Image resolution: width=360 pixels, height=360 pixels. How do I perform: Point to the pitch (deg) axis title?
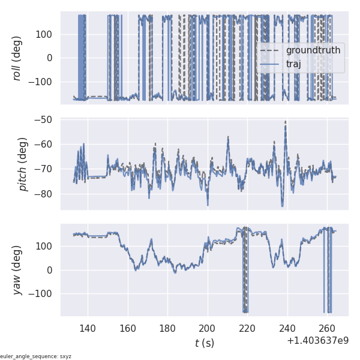tap(24, 164)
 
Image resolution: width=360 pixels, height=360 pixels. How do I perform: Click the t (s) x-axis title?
tap(204, 343)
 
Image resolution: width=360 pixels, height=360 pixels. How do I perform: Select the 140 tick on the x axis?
tap(88, 328)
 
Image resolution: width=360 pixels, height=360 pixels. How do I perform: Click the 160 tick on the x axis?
tap(128, 328)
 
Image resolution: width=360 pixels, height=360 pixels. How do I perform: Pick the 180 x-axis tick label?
tap(167, 328)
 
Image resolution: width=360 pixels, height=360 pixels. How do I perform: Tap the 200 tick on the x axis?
tap(208, 328)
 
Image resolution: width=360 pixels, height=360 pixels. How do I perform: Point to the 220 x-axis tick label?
tap(247, 328)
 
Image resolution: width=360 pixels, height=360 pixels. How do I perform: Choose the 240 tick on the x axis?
tap(287, 328)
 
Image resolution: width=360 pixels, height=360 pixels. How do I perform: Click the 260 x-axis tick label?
tap(327, 328)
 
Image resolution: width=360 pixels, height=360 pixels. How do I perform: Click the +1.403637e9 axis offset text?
tap(317, 340)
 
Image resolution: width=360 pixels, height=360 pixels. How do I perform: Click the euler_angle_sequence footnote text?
tap(36, 356)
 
